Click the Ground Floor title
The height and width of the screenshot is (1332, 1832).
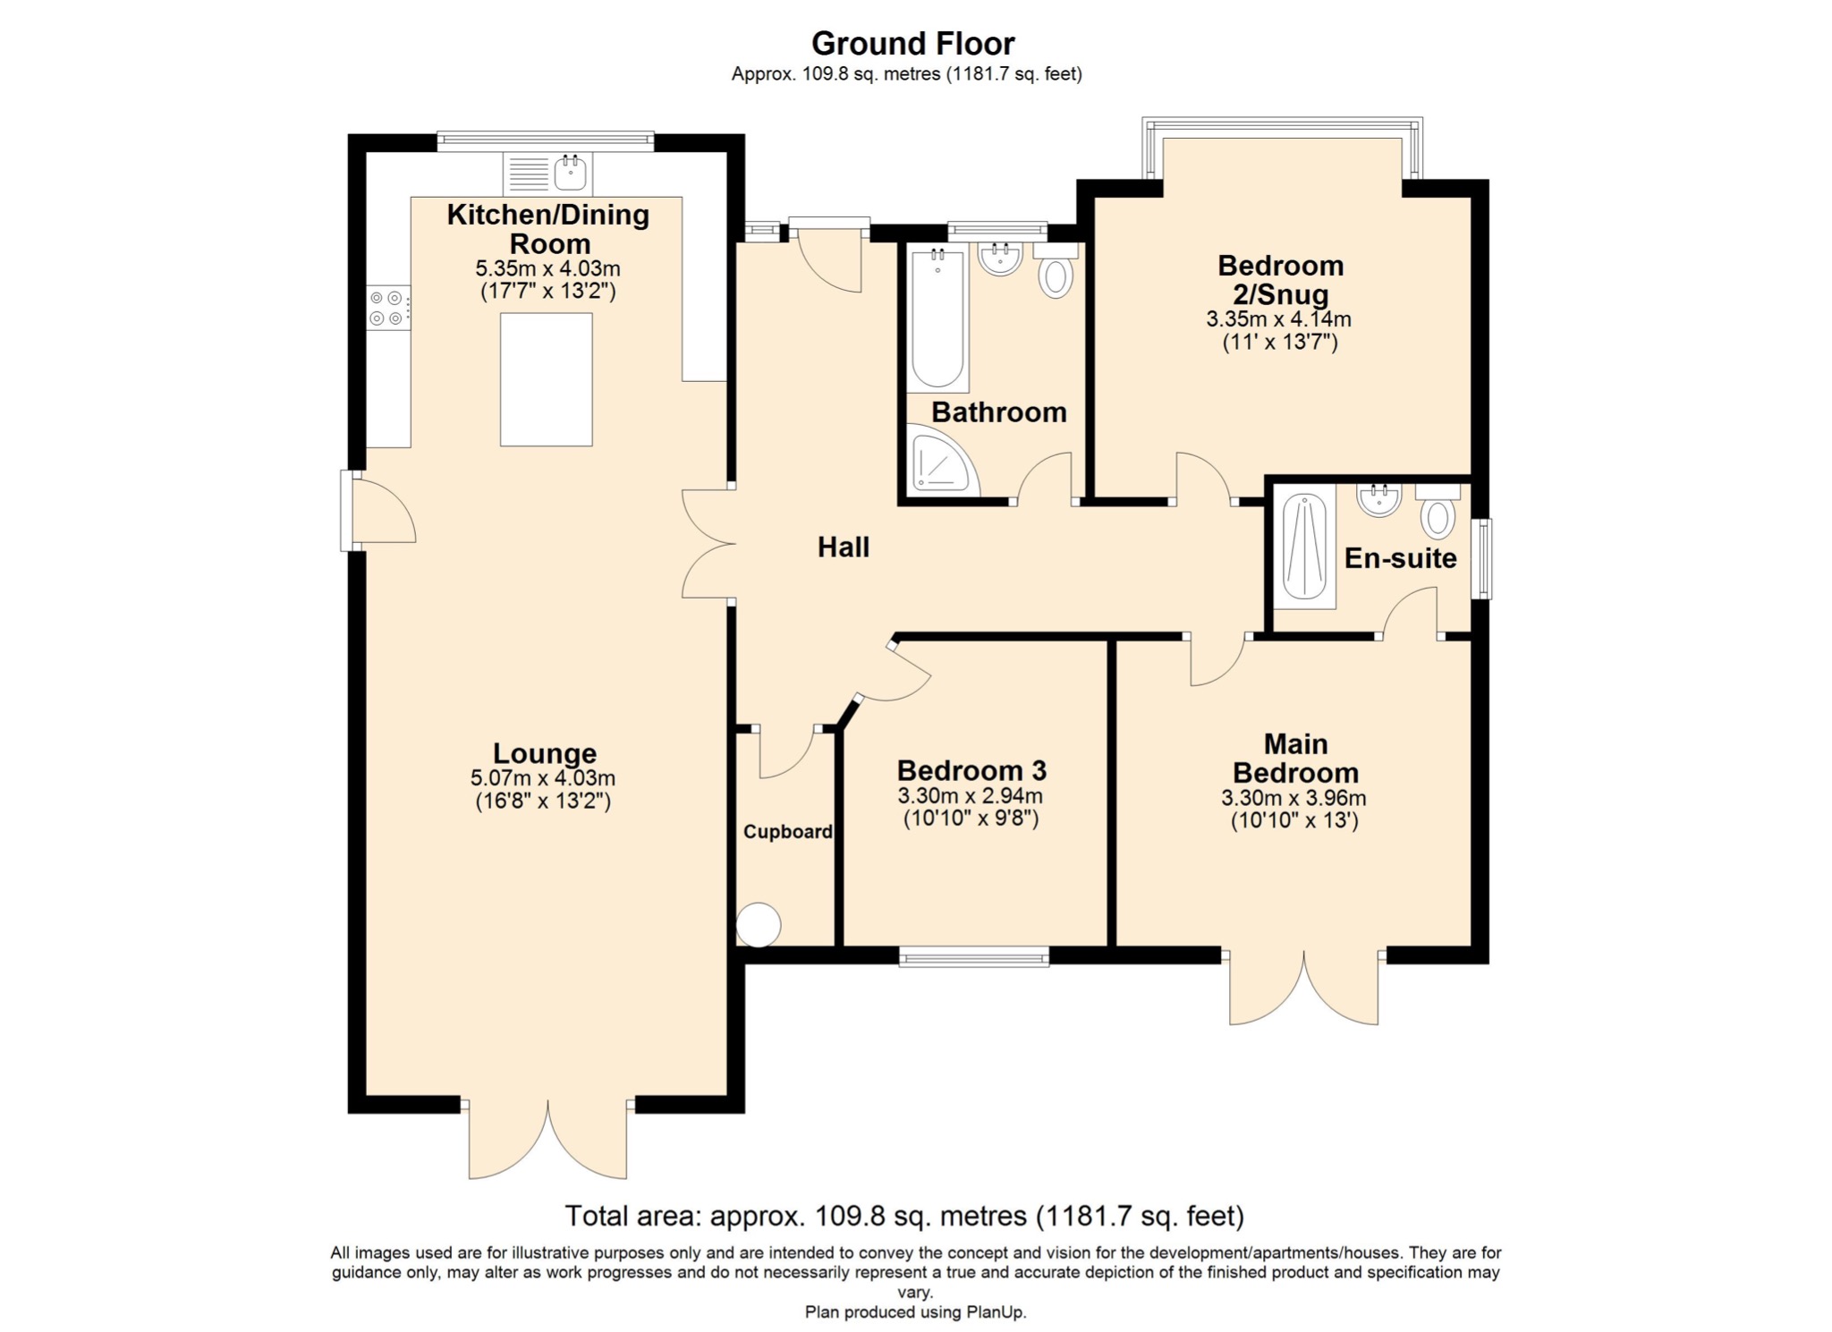point(912,43)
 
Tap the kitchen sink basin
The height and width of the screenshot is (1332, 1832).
point(570,172)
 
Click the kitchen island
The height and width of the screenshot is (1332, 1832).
point(546,379)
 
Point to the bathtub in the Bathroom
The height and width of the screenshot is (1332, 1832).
point(937,320)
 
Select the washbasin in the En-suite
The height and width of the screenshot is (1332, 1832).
point(1378,500)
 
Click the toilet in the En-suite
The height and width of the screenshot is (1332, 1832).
point(1438,511)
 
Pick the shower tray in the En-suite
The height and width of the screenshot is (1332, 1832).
point(1304,547)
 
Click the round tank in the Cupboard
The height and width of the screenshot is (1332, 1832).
point(758,925)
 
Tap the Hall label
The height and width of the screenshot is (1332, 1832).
point(844,547)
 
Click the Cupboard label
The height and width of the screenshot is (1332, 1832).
point(788,832)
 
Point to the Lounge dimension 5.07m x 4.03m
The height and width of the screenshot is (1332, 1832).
point(543,778)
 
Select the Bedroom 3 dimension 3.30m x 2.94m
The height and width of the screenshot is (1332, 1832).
point(971,795)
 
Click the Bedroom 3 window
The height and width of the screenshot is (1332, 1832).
point(973,958)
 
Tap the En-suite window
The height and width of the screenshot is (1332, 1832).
point(1482,558)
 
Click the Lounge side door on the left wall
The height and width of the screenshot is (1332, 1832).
point(377,511)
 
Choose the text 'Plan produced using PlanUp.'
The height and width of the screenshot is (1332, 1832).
point(915,1312)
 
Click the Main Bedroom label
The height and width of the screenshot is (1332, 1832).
point(1295,758)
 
